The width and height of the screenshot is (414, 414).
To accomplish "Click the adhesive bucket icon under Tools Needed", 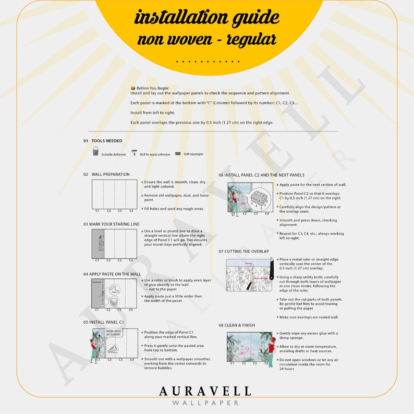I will coord(95,152).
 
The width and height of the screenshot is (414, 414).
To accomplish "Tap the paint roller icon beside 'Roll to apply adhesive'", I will coord(135,153).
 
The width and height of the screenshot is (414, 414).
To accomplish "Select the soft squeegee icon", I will coord(178,153).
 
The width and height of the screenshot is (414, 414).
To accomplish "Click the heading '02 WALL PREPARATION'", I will coord(106,174).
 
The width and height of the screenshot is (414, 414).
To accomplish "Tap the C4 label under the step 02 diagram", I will coord(131,211).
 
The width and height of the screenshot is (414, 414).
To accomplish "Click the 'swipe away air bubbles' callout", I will coord(114,333).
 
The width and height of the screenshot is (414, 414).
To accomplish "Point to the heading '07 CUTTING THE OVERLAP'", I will coord(243,251).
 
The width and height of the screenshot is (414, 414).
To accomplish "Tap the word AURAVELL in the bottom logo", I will coord(205,391).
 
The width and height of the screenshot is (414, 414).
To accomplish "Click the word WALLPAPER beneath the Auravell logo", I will coord(205,403).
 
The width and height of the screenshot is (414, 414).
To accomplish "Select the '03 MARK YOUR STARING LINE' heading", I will coord(111,224).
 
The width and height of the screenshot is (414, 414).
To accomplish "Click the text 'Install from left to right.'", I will coord(152,113).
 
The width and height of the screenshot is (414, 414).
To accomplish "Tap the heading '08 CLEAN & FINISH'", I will coord(237,325).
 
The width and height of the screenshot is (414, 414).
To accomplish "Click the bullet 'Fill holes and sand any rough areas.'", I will coord(174,209).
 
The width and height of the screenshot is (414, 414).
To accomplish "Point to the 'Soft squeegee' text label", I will coord(193,154).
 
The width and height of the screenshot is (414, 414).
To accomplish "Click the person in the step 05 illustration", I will coord(94,349).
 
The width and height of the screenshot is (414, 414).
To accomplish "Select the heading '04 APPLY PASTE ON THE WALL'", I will coord(112,274).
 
